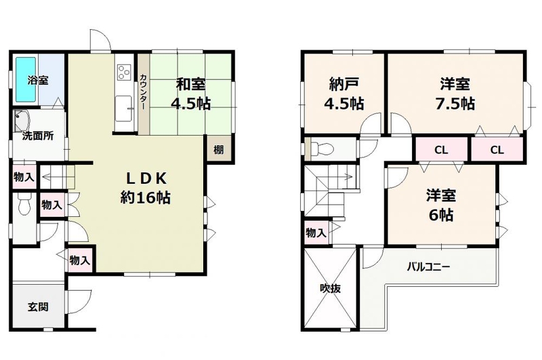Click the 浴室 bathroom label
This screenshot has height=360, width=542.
pos(38,81)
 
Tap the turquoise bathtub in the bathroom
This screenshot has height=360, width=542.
pos(26,79)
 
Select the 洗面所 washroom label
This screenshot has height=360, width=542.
pos(38,136)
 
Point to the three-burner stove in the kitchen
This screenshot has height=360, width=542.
pos(124,72)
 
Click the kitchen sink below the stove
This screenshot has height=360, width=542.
pos(124,108)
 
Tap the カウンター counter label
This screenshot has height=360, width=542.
pos(144,92)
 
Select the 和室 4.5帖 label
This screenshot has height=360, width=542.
pos(191,94)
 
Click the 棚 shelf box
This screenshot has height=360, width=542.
pos(219,149)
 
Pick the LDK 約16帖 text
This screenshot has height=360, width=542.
pos(146,188)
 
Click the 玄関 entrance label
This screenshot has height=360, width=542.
pos(38,306)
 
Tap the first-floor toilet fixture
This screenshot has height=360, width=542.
pos(24,204)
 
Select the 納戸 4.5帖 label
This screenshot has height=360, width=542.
pos(343,94)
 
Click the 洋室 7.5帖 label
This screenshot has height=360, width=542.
pos(455,94)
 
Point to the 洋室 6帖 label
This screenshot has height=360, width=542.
pos(441,205)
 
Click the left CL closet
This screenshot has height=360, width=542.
pos(442,149)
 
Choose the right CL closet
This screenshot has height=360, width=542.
pos(497,149)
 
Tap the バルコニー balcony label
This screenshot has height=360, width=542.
pos(428,266)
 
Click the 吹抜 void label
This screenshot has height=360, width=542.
pos(330,288)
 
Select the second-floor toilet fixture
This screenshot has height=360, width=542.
pos(320,149)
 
